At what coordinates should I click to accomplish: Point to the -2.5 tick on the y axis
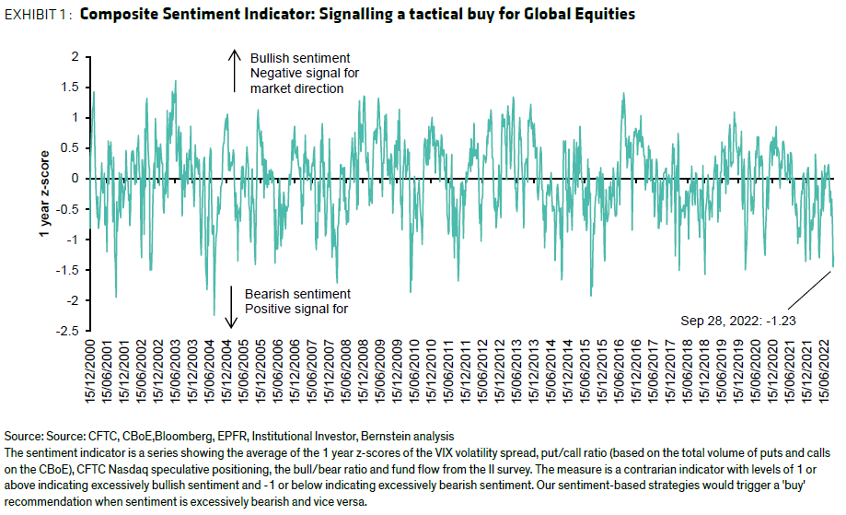coord(70,331)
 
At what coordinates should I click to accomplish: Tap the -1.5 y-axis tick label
coord(70,270)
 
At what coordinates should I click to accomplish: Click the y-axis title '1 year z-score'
coord(41,193)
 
